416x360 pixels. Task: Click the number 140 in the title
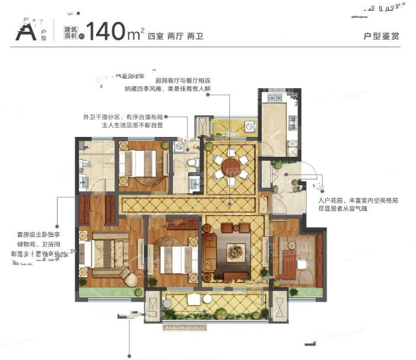109,31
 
